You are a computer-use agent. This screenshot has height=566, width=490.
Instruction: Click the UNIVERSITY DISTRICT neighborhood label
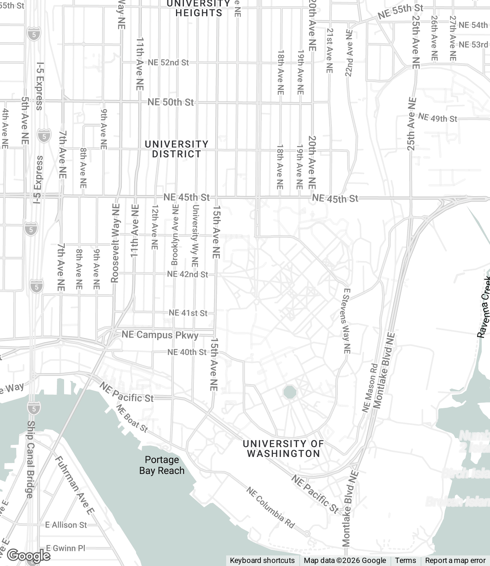176,149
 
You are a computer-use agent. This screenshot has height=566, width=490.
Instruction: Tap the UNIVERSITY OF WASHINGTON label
283,449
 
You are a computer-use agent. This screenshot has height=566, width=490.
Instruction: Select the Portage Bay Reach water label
162,465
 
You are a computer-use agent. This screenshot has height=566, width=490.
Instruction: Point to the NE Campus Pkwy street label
160,335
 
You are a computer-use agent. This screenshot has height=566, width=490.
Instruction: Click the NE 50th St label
170,102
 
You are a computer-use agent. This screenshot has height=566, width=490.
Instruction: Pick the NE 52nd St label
168,63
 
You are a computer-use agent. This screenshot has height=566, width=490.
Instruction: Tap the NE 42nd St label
187,274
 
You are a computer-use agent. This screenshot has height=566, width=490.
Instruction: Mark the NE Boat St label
132,418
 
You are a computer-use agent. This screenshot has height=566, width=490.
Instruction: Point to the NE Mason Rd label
369,388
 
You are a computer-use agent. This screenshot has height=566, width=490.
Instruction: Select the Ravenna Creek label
484,307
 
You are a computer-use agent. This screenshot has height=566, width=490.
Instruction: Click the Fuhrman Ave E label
74,485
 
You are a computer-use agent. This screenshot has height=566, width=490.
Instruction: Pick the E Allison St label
66,525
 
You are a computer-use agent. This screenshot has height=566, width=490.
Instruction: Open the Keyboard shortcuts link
262,561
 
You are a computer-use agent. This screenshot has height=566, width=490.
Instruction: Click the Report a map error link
455,561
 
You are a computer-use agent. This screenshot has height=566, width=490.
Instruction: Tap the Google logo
28,555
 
